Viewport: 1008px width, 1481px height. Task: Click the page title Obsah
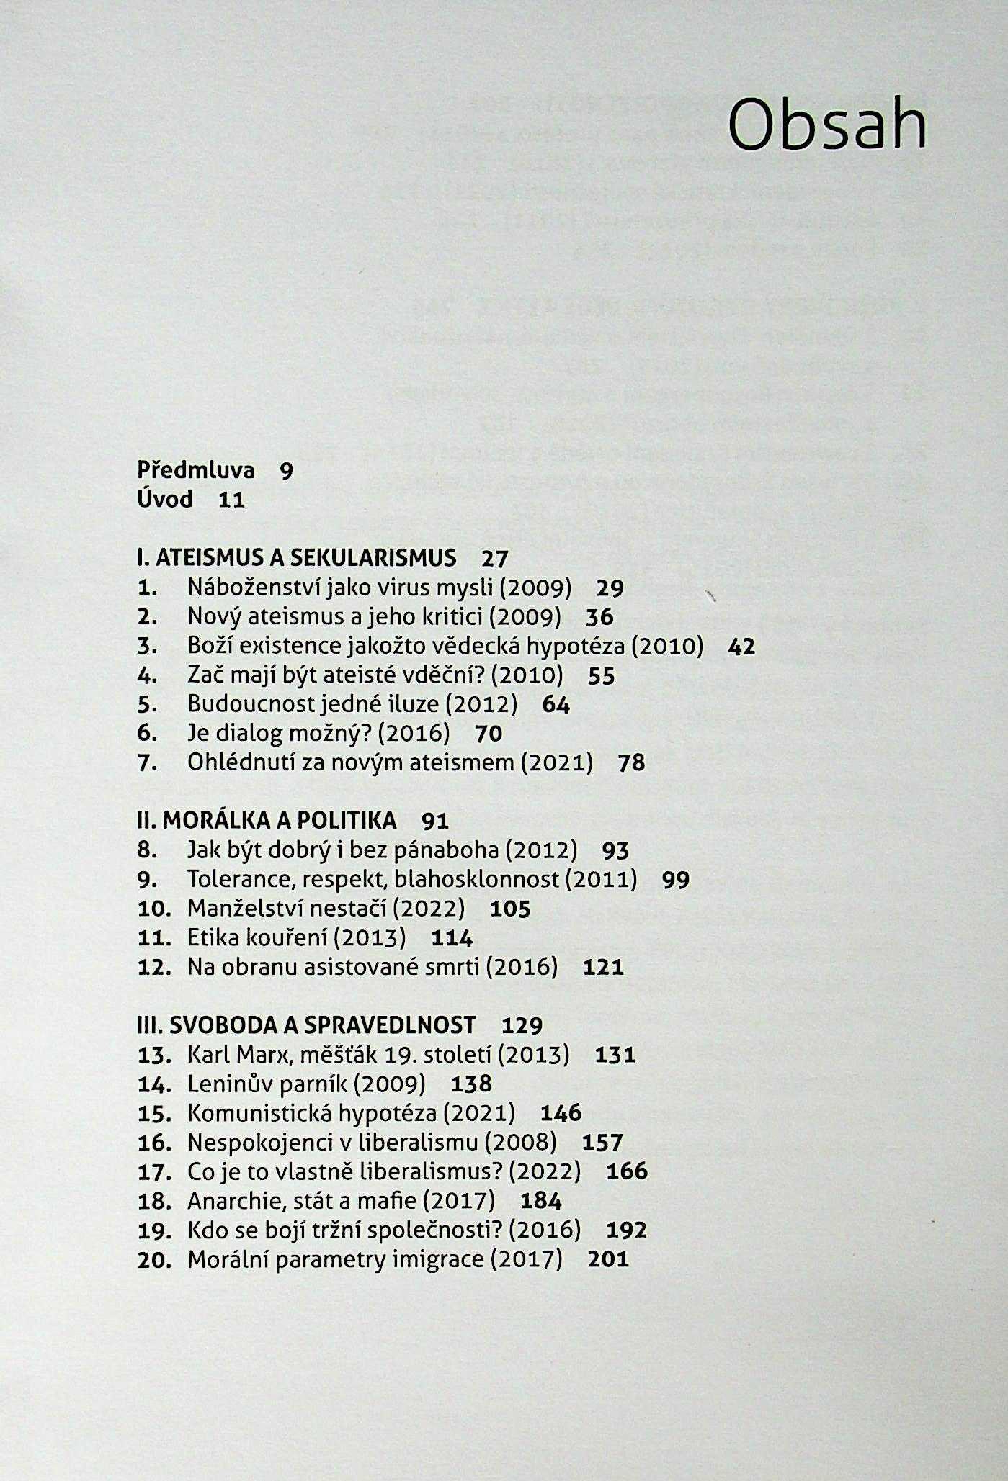pyautogui.click(x=826, y=124)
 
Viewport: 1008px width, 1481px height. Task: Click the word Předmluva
pyautogui.click(x=195, y=471)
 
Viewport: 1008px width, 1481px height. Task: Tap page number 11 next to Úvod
pyautogui.click(x=231, y=500)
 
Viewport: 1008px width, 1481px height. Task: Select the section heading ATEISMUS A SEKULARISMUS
pyautogui.click(x=305, y=558)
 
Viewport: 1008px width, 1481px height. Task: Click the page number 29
pyautogui.click(x=610, y=588)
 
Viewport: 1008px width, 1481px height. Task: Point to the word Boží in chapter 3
pyautogui.click(x=210, y=646)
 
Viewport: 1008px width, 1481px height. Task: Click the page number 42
pyautogui.click(x=741, y=647)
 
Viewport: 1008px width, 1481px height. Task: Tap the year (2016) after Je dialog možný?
pyautogui.click(x=414, y=734)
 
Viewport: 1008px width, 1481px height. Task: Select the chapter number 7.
pyautogui.click(x=147, y=762)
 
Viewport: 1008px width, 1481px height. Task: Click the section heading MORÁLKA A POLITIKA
pyautogui.click(x=280, y=821)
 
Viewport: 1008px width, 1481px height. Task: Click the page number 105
pyautogui.click(x=510, y=909)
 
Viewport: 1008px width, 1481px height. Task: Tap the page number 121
pyautogui.click(x=603, y=967)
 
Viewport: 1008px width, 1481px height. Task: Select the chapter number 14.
pyautogui.click(x=154, y=1084)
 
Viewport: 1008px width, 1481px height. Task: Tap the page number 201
pyautogui.click(x=608, y=1259)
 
